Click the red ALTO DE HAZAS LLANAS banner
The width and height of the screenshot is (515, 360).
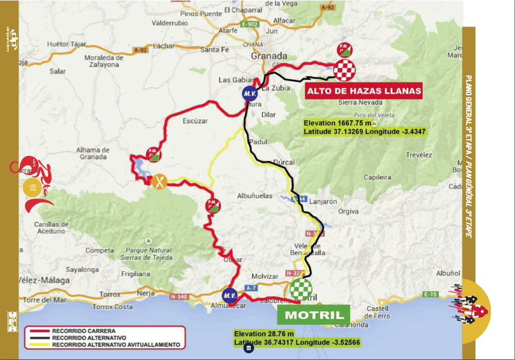tap(364, 92)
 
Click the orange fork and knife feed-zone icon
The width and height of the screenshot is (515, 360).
tap(160, 181)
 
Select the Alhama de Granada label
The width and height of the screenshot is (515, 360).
tap(93, 153)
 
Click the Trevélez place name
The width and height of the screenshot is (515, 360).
tap(419, 155)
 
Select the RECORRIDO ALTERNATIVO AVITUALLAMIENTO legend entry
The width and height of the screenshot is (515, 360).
tap(116, 344)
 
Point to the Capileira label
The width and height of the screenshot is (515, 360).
tap(378, 176)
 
